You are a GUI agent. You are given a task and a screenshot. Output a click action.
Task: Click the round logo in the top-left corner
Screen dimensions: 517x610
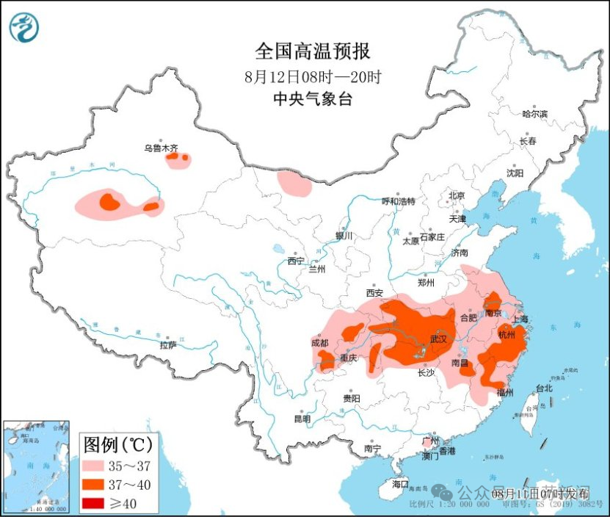click(24, 29)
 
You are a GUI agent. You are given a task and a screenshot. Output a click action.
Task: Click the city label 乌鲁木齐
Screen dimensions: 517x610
click(161, 148)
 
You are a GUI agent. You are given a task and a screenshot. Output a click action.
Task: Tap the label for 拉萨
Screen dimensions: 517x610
click(167, 344)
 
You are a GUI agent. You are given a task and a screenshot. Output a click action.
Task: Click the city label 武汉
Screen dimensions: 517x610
click(439, 339)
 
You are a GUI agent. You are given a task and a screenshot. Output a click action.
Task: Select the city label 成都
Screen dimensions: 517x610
click(319, 342)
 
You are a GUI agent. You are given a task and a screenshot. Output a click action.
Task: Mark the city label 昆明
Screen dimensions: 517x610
click(302, 419)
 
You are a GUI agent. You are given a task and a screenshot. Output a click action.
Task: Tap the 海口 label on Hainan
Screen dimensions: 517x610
click(399, 484)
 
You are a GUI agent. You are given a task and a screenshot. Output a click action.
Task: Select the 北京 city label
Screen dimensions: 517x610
click(457, 195)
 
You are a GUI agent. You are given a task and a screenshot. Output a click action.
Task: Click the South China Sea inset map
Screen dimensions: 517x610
click(37, 466)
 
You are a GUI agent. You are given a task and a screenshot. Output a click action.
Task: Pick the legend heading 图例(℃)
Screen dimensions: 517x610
click(118, 444)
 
